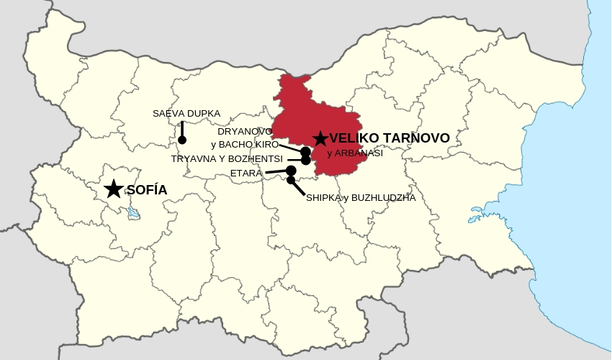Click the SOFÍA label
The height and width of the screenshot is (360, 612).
click(147, 190)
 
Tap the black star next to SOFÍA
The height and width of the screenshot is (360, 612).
click(113, 189)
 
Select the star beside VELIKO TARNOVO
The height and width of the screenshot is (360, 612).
click(320, 138)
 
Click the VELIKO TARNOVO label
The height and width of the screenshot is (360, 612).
click(390, 138)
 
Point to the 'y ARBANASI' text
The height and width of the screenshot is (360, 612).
click(355, 153)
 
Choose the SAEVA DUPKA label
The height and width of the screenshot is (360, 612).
click(186, 114)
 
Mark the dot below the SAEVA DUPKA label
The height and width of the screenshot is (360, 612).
click(182, 140)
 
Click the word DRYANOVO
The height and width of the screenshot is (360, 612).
click(245, 132)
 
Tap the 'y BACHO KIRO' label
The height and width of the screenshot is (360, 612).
click(245, 145)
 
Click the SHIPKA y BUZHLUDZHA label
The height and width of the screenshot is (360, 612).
click(361, 198)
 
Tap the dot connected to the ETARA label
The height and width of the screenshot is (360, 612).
click(291, 171)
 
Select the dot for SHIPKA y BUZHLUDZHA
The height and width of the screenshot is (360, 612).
click(291, 180)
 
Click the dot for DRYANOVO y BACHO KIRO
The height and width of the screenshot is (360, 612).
click(305, 151)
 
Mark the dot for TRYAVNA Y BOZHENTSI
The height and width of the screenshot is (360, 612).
click(305, 160)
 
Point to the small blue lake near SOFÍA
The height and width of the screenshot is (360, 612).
click(132, 213)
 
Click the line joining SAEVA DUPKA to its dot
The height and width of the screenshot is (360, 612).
click(182, 129)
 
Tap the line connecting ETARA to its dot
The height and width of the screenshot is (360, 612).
click(276, 172)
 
